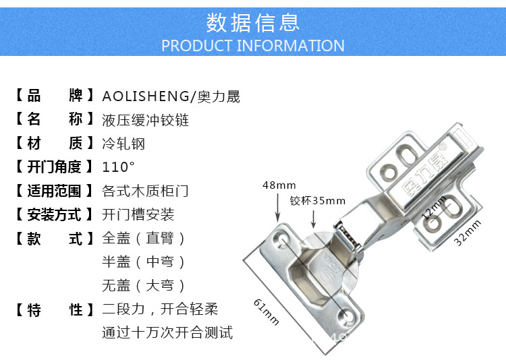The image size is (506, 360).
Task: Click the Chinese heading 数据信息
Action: click(253, 22)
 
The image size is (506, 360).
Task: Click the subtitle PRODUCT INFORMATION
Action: click(253, 46)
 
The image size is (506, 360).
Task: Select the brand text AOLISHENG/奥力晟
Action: click(171, 96)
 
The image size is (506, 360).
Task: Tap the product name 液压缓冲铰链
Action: click(145, 121)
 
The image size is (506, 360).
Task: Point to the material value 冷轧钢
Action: click(123, 144)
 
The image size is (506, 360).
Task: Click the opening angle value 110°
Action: click(119, 167)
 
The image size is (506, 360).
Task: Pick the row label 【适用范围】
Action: click(55, 191)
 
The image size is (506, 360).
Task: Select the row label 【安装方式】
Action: click(55, 215)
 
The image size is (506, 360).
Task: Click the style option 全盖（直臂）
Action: click(144, 239)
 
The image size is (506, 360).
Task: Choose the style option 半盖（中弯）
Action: click(144, 262)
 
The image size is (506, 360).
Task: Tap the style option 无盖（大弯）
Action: click(144, 285)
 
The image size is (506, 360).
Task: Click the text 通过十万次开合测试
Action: click(167, 332)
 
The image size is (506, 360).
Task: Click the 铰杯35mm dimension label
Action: click(318, 200)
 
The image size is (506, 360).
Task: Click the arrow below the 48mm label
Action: click(277, 210)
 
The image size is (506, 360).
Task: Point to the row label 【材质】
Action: click(55, 144)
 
